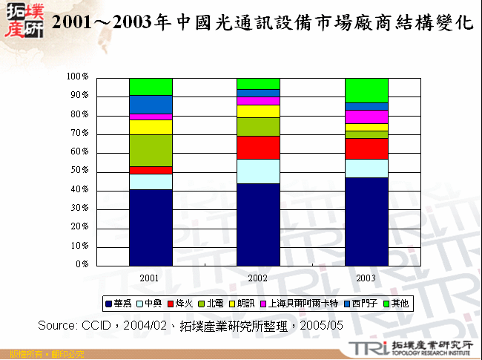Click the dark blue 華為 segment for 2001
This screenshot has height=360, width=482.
click(x=151, y=226)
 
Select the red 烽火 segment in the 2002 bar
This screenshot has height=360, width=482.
click(x=258, y=147)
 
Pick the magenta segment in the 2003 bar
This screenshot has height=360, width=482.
click(x=366, y=117)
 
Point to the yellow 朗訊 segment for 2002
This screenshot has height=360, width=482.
click(x=258, y=111)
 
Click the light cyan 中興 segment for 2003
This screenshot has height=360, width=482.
click(x=366, y=168)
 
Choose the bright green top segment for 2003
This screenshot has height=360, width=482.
click(x=366, y=90)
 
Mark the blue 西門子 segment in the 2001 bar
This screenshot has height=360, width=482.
click(x=151, y=104)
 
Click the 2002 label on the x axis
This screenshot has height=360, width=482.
click(x=258, y=277)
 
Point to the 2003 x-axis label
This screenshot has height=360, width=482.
click(x=366, y=277)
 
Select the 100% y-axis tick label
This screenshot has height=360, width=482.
click(x=77, y=76)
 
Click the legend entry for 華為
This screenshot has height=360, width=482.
click(x=122, y=303)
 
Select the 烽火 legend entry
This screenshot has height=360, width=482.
click(x=181, y=303)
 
